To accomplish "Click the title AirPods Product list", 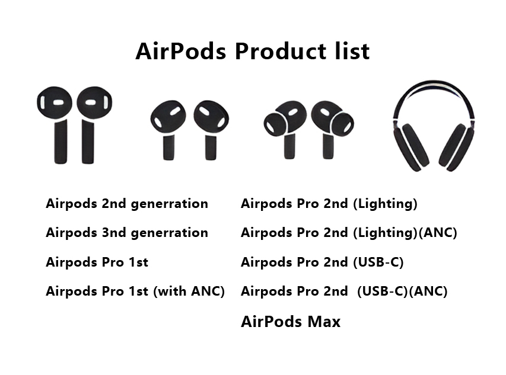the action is coord(252,51).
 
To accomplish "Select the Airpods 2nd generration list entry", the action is coord(127,204).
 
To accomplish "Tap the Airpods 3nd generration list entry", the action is coord(127,233).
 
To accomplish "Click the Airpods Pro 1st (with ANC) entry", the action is coord(135,291).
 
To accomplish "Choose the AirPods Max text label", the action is coord(291,322).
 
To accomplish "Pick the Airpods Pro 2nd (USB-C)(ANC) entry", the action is coord(344,291).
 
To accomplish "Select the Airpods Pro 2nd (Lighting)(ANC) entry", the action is coord(349,233).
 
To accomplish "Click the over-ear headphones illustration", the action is coord(434,126).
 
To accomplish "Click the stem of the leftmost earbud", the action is coord(61,142).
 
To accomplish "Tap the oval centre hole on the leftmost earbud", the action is coord(58,102).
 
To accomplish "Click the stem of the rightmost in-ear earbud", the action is coord(328,146).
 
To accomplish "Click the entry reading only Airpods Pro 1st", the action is coord(97,262).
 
